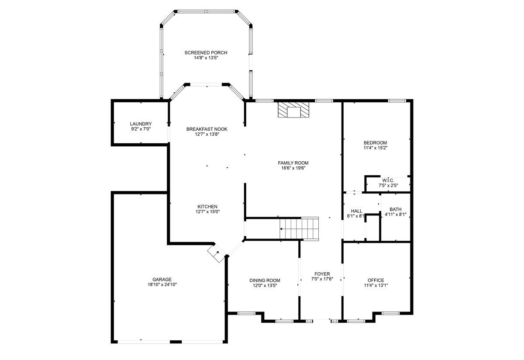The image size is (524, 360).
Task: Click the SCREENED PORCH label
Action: coord(206,53)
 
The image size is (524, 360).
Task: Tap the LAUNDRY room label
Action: coord(141,124)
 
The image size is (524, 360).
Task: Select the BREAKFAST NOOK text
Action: coord(207,129)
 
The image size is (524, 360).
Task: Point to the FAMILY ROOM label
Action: coord(293,163)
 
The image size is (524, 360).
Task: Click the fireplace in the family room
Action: coord(293,110)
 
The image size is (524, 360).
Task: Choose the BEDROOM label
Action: coord(375,143)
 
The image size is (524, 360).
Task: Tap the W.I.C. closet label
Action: coord(388,180)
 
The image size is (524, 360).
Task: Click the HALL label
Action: coord(356,211)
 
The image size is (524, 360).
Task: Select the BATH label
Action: coord(396,209)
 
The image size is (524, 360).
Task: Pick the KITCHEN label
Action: coord(207,207)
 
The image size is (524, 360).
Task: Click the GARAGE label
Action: coord(162,280)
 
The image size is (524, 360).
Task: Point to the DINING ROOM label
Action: coord(265,280)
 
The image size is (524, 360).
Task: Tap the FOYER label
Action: coord(322,274)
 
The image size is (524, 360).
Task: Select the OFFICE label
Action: coord(376,280)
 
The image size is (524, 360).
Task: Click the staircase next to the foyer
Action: coord(299,228)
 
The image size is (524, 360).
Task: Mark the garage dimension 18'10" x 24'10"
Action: coord(162,284)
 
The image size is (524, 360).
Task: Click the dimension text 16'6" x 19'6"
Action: coord(293,168)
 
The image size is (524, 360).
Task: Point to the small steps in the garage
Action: coord(217,253)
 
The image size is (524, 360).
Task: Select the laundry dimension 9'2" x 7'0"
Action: coord(141,129)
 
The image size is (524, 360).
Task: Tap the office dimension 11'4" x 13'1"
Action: coord(376,285)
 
